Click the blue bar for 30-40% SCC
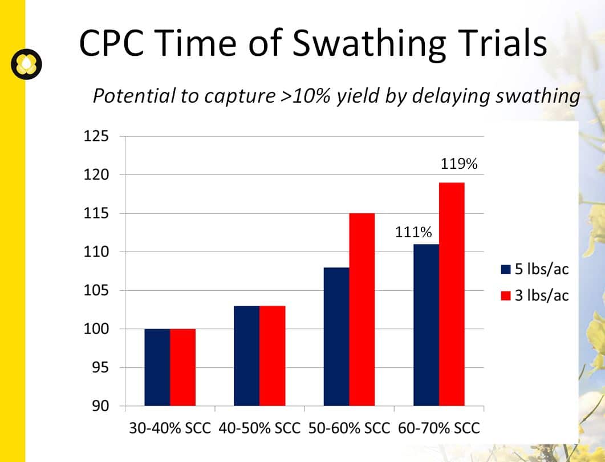[157, 367]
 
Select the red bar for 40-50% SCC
[273, 356]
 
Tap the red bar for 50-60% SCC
[362, 310]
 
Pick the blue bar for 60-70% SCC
[427, 325]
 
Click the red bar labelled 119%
[452, 294]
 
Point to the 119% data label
[459, 164]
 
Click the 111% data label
[413, 232]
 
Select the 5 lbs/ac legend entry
[535, 269]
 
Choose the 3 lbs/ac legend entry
[535, 295]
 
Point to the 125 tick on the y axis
[96, 136]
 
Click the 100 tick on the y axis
[96, 329]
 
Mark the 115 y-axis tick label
[96, 213]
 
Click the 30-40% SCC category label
[170, 428]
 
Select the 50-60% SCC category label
[350, 428]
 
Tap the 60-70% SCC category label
[439, 428]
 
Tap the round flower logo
[26, 64]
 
